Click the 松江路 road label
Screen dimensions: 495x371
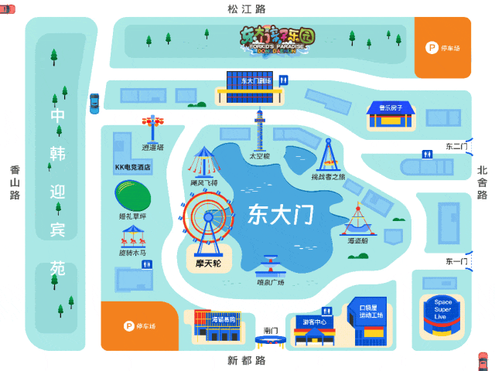[246, 9]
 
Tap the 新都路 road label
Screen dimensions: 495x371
[246, 361]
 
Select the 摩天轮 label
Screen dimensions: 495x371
[207, 264]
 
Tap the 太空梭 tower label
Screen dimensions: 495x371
[259, 155]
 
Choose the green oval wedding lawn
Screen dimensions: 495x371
[132, 195]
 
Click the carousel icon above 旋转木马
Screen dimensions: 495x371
[132, 236]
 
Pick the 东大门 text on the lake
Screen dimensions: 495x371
[280, 214]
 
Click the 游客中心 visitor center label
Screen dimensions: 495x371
[314, 322]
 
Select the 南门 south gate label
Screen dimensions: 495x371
[270, 330]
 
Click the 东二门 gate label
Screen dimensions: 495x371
[456, 146]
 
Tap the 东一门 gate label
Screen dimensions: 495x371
[456, 261]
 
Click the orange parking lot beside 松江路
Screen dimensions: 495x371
[442, 47]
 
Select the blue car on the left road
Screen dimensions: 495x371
[94, 103]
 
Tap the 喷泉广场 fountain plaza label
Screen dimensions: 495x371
[270, 282]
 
